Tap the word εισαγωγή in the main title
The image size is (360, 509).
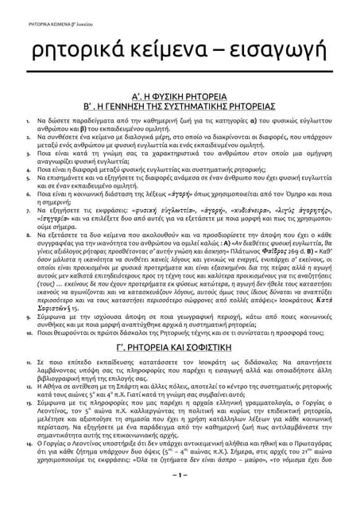coord(269,55)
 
